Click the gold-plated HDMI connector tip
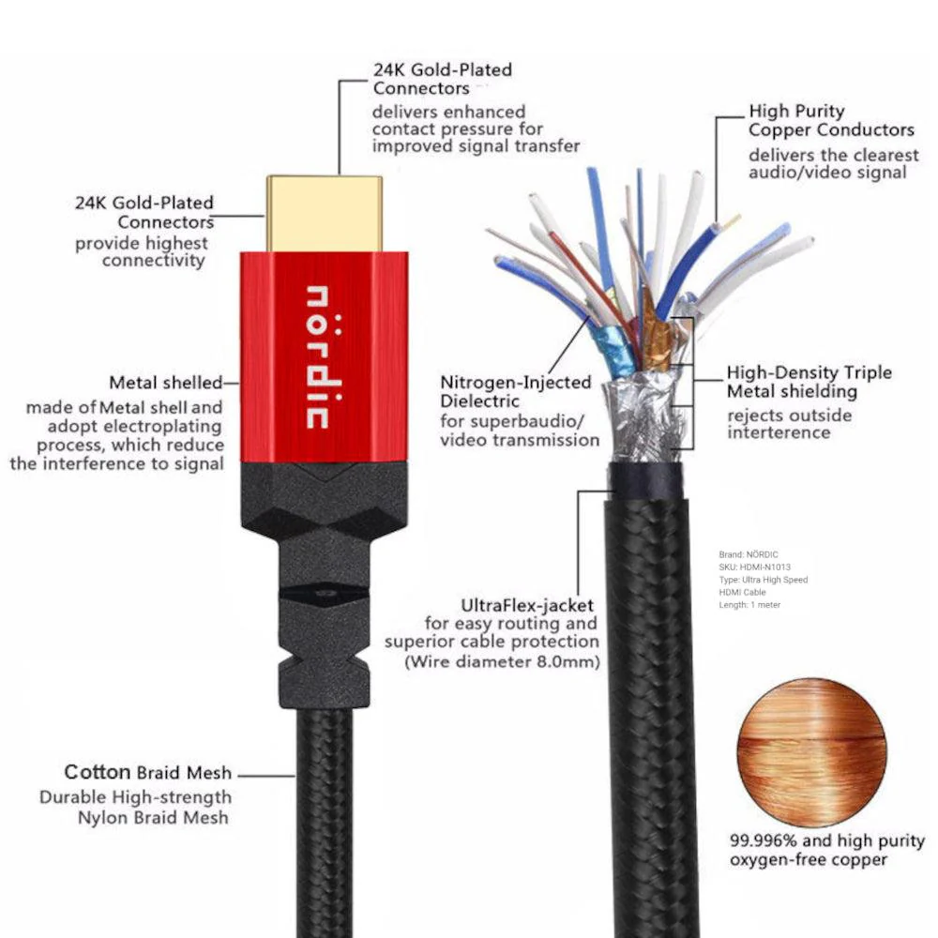325,214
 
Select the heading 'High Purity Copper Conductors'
831,120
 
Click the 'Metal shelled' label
166,383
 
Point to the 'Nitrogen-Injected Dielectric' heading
516,391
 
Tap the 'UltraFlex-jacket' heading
527,605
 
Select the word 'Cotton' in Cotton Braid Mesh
97,772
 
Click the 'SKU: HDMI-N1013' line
754,567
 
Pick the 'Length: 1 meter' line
749,605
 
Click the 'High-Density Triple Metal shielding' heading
809,382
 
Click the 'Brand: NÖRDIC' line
749,554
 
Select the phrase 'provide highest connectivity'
142,251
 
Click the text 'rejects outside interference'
789,424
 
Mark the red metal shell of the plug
325,356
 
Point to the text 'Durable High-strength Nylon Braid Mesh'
135,807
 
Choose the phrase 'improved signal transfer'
476,146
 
